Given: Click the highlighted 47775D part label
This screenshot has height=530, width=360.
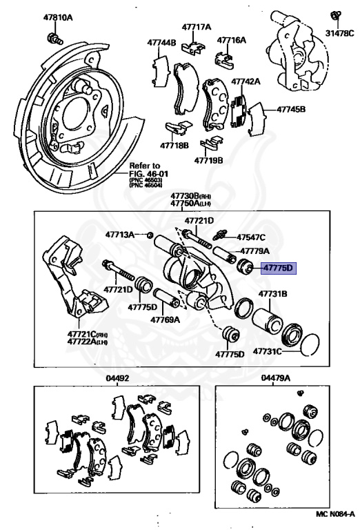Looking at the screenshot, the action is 279,268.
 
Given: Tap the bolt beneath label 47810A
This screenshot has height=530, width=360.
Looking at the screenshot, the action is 54,38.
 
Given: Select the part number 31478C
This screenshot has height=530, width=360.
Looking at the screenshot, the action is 340,33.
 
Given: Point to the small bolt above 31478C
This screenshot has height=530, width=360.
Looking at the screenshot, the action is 335,17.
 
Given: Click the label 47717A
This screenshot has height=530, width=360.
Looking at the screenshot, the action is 197,27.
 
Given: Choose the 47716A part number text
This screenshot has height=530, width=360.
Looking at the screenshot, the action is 231,40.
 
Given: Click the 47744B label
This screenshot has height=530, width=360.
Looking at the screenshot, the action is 161,43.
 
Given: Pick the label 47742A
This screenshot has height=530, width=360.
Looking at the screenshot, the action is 246,82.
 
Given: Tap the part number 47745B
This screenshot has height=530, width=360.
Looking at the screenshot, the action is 291,109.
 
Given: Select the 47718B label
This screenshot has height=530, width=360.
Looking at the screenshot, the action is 174,146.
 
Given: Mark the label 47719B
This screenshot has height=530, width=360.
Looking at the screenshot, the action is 208,160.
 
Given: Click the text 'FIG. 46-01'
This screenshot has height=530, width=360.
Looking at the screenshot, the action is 148,174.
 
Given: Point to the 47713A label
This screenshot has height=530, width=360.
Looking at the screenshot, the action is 119,234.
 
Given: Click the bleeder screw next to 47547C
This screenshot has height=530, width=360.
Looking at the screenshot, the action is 221,234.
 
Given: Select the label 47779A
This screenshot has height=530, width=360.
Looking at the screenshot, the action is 254,251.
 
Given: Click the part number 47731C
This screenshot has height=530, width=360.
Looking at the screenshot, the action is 267,351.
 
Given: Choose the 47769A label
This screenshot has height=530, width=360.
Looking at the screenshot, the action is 165,320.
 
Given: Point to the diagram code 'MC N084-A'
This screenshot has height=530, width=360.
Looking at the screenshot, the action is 335,524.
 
